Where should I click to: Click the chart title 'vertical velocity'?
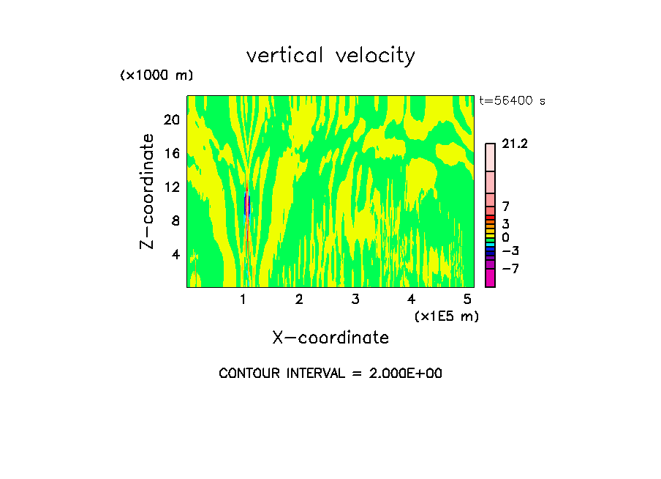pos(330,56)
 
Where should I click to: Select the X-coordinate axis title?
pos(330,338)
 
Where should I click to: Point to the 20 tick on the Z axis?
pos(171,120)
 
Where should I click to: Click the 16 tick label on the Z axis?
pos(171,154)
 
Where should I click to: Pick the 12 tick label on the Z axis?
pos(171,187)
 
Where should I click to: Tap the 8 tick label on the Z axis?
pos(175,221)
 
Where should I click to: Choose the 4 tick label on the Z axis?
pos(175,255)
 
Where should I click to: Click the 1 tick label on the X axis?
pos(243,299)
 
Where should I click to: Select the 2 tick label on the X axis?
pos(299,299)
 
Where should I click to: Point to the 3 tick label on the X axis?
pos(355,299)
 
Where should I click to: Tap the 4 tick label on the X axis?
pos(411,299)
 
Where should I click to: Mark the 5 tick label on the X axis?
pos(467,299)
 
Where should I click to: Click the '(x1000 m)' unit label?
pos(156,76)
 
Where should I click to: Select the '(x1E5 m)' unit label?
pos(446,316)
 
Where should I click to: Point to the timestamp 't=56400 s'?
pos(512,102)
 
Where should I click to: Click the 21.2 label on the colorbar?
pos(515,144)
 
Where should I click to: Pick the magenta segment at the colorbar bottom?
pos(490,278)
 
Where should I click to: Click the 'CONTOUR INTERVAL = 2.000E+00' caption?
pos(330,374)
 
